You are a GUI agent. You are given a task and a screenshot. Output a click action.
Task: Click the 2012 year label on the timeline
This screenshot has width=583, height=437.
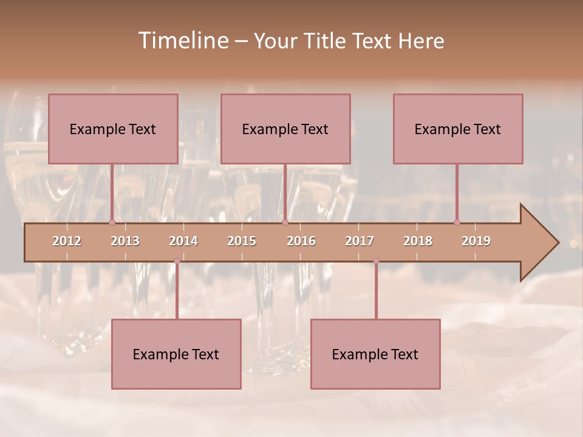67,241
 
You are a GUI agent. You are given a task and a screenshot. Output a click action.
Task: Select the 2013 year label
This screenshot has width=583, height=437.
125,241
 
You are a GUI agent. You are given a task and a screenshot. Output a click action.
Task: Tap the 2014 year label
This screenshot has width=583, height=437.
183,241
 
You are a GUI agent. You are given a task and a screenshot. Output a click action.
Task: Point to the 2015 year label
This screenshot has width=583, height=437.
242,241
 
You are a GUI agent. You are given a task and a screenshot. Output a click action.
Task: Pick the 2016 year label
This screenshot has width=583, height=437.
301,241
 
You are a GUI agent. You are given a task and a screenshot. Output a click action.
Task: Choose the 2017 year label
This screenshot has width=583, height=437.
360,241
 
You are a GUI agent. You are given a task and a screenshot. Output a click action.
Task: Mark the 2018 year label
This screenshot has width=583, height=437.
418,241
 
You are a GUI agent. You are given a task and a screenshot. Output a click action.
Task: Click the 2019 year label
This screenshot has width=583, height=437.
476,241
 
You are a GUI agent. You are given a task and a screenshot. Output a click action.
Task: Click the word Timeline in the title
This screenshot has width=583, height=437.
183,41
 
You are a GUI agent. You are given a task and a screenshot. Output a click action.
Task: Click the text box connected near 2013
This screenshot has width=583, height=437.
113,129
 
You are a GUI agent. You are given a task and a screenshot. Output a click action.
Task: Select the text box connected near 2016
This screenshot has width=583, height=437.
285,129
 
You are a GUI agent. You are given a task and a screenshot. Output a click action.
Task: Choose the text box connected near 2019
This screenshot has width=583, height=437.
458,129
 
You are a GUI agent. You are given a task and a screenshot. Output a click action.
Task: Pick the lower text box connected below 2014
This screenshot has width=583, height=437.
176,354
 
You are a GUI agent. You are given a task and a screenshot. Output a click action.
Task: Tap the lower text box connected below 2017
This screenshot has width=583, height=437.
375,354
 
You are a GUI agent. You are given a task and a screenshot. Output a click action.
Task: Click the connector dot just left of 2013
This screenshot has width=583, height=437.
112,222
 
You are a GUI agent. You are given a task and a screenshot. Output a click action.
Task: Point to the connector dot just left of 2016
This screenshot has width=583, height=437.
285,222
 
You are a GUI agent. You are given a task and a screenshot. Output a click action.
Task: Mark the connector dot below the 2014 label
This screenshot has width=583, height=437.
177,260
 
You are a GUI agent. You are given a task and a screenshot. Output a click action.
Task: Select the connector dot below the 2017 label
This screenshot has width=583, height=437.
376,260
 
